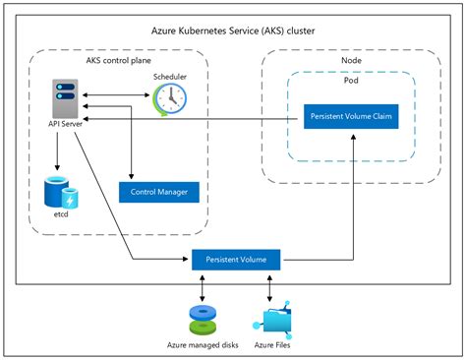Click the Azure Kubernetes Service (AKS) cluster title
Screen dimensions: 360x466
coord(233,31)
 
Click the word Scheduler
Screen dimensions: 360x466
coord(170,77)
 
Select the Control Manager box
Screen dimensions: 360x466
coord(159,190)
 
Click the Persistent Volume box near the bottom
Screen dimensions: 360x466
coord(236,259)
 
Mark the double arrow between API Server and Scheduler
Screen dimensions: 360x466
coord(116,96)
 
